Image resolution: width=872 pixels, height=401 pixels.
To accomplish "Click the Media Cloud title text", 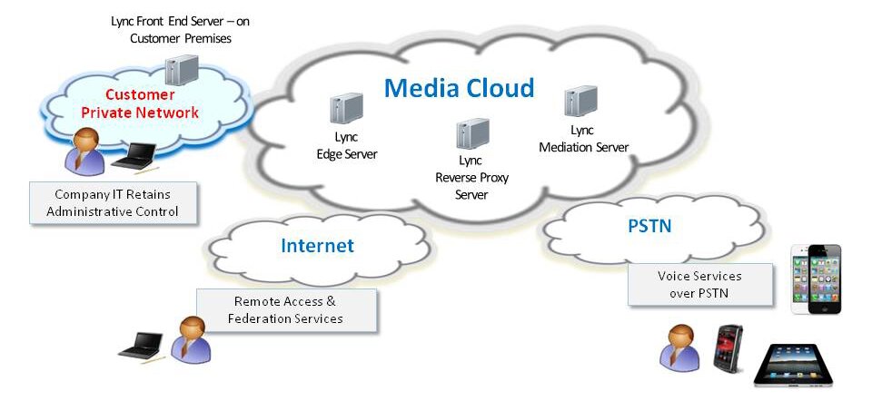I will point(459,88).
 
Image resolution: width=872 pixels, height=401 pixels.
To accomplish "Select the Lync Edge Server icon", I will point(346,110).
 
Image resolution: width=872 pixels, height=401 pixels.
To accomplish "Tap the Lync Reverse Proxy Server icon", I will point(472,134).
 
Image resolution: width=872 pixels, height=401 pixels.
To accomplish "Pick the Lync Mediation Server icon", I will point(580,105).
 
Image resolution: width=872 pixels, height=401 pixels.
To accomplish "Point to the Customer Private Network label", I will point(140,103).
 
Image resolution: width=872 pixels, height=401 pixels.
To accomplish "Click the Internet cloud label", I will point(317,246).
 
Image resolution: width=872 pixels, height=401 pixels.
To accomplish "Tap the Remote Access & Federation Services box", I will point(288,310).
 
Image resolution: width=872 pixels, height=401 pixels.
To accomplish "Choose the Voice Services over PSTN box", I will point(699,284).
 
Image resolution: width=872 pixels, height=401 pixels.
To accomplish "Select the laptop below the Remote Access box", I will point(144,344).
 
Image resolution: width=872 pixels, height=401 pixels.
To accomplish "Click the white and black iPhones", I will point(815,278).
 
